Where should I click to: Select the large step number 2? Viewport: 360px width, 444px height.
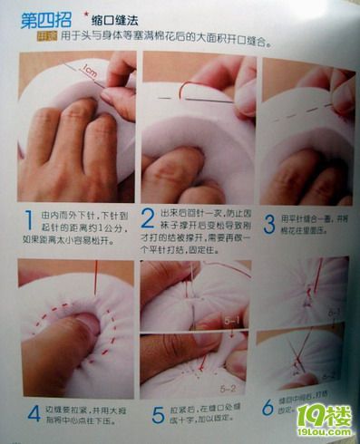pos(149,220)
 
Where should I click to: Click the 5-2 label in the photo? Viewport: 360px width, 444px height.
pos(228,388)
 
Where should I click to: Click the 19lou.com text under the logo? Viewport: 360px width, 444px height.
pos(324,434)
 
